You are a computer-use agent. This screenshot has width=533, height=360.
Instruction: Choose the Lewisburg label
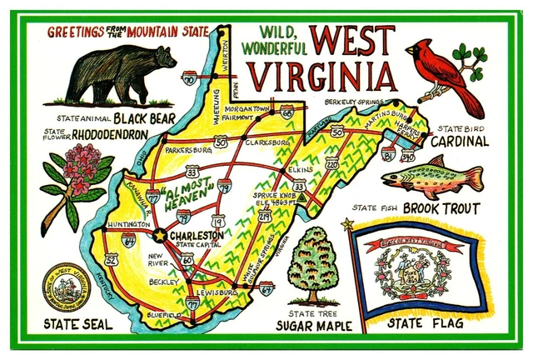click(219, 293)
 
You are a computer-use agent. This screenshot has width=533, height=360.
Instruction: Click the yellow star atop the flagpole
click(347, 224)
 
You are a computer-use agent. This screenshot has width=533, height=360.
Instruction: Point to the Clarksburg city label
click(268, 142)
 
